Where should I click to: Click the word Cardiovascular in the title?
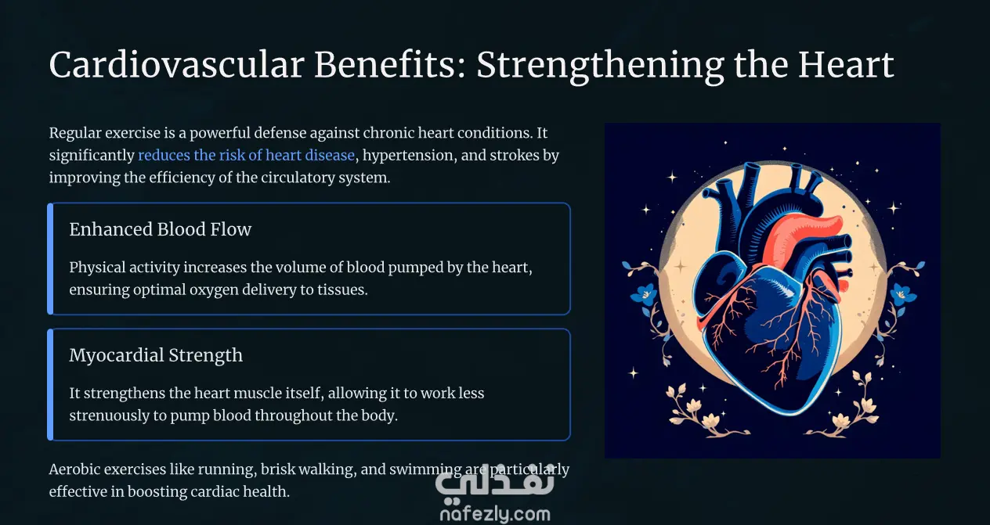pyautogui.click(x=176, y=65)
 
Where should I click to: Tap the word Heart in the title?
pyautogui.click(x=846, y=65)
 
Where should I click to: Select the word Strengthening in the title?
pyautogui.click(x=600, y=67)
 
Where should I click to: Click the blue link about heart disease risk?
pyautogui.click(x=246, y=156)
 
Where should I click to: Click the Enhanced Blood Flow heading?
pyautogui.click(x=160, y=229)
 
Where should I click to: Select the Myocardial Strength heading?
pyautogui.click(x=156, y=355)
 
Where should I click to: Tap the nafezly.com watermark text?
pyautogui.click(x=495, y=514)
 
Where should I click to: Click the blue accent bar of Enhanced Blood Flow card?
pyautogui.click(x=50, y=259)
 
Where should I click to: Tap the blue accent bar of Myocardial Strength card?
pyautogui.click(x=50, y=385)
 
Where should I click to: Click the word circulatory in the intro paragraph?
pyautogui.click(x=297, y=178)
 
